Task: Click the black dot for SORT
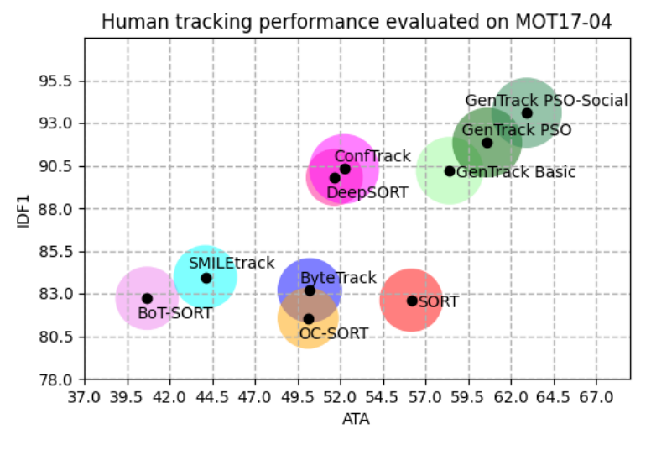click(x=412, y=301)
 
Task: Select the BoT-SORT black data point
click(x=147, y=298)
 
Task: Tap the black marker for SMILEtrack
click(x=206, y=278)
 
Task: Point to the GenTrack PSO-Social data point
click(x=527, y=112)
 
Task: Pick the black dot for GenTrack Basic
click(x=450, y=171)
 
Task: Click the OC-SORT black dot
click(x=309, y=319)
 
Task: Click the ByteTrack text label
click(x=338, y=278)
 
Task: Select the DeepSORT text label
click(x=367, y=193)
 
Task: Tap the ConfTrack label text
click(x=372, y=156)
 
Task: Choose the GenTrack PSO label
click(x=517, y=131)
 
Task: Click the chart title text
click(x=357, y=22)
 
